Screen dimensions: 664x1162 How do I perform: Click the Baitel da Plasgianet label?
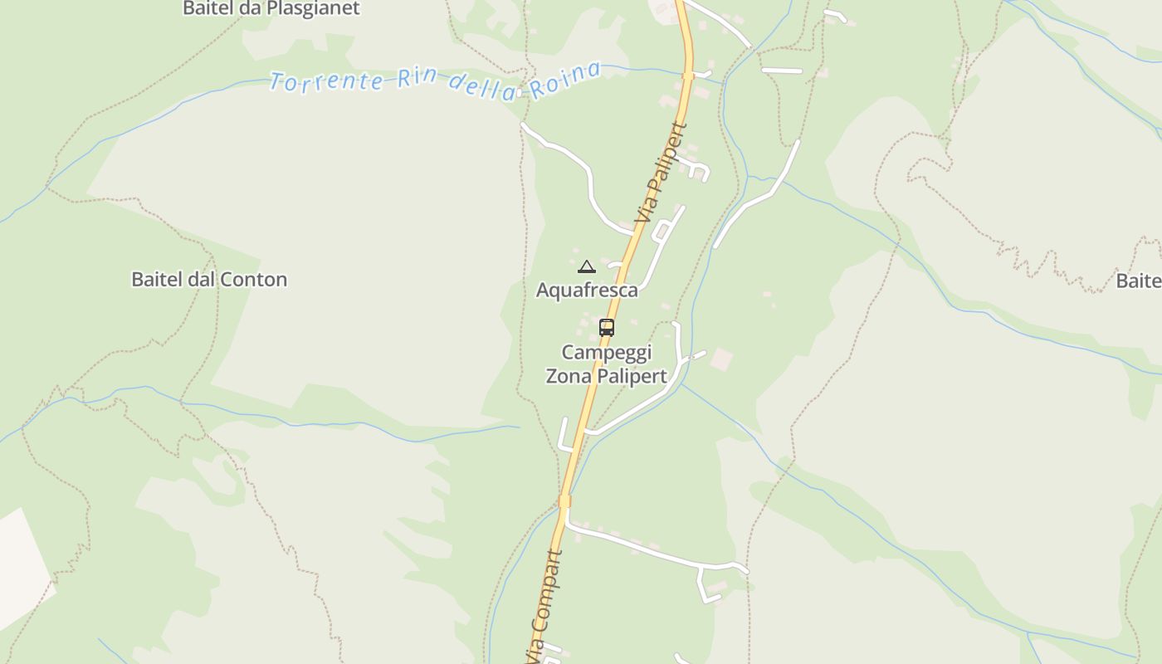click(x=271, y=9)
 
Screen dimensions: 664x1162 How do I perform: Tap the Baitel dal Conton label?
click(x=209, y=280)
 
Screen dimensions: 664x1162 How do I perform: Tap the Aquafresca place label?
click(x=587, y=290)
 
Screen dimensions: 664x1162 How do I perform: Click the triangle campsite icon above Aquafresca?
click(x=587, y=266)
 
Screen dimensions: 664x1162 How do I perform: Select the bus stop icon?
click(x=607, y=328)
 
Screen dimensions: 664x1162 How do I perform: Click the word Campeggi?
click(x=607, y=352)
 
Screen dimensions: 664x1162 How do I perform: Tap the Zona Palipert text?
click(x=606, y=376)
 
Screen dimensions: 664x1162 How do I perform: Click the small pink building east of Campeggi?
click(x=721, y=359)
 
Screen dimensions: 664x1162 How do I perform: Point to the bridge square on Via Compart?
click(x=565, y=500)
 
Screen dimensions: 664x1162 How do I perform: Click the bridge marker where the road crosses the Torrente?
click(x=688, y=76)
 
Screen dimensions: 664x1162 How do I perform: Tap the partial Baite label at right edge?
click(x=1139, y=281)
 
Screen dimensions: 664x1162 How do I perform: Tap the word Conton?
click(x=253, y=280)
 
